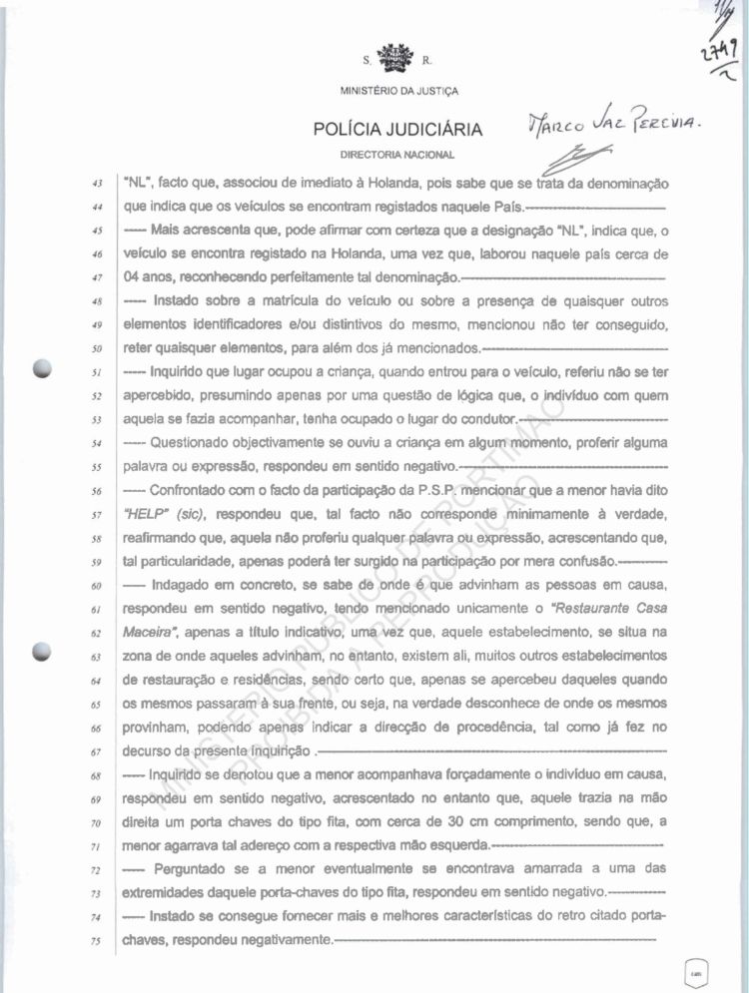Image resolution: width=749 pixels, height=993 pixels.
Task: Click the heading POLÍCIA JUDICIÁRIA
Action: pyautogui.click(x=398, y=130)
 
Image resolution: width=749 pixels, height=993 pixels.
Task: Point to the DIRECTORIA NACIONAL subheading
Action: pyautogui.click(x=397, y=155)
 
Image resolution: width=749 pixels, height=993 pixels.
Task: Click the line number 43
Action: pyautogui.click(x=96, y=185)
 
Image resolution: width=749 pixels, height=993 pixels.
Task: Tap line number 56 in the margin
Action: pyautogui.click(x=96, y=491)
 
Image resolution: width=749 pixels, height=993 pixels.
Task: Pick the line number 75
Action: pyautogui.click(x=96, y=940)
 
